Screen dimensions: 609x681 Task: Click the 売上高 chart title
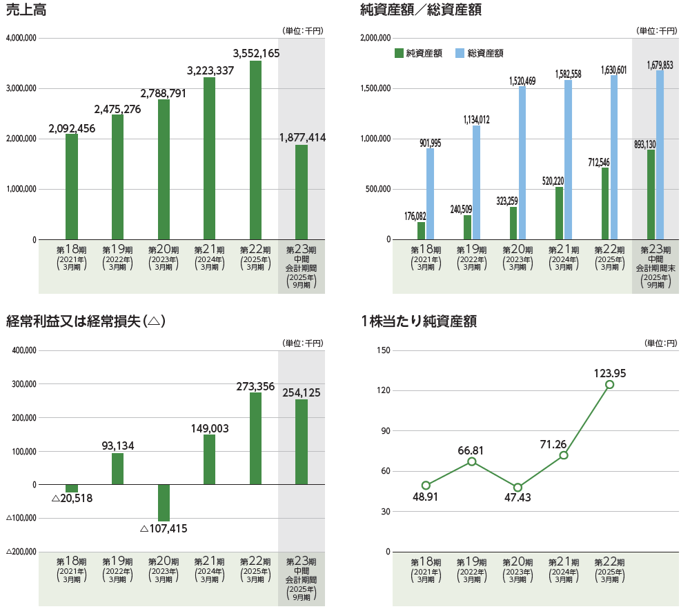click(x=27, y=10)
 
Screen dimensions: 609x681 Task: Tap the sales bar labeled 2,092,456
click(x=72, y=186)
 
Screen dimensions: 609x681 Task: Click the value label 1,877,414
click(x=302, y=138)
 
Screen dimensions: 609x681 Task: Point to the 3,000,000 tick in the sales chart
click(x=21, y=88)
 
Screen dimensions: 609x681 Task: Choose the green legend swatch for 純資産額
click(x=399, y=53)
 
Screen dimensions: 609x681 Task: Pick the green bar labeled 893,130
click(x=651, y=194)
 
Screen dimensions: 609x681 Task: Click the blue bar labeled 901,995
click(x=431, y=194)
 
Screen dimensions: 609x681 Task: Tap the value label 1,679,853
click(x=660, y=65)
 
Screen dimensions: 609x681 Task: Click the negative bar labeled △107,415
click(x=164, y=503)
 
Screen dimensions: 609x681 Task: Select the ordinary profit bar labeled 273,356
click(x=255, y=438)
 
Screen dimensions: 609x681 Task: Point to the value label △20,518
click(x=72, y=499)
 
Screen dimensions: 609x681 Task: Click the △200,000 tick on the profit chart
click(x=21, y=552)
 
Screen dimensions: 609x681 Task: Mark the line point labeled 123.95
click(x=610, y=385)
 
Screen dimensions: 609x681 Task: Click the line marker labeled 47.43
click(x=518, y=488)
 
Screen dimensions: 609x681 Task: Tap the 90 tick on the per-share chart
click(x=385, y=431)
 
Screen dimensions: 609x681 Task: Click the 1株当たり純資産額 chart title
click(x=419, y=321)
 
